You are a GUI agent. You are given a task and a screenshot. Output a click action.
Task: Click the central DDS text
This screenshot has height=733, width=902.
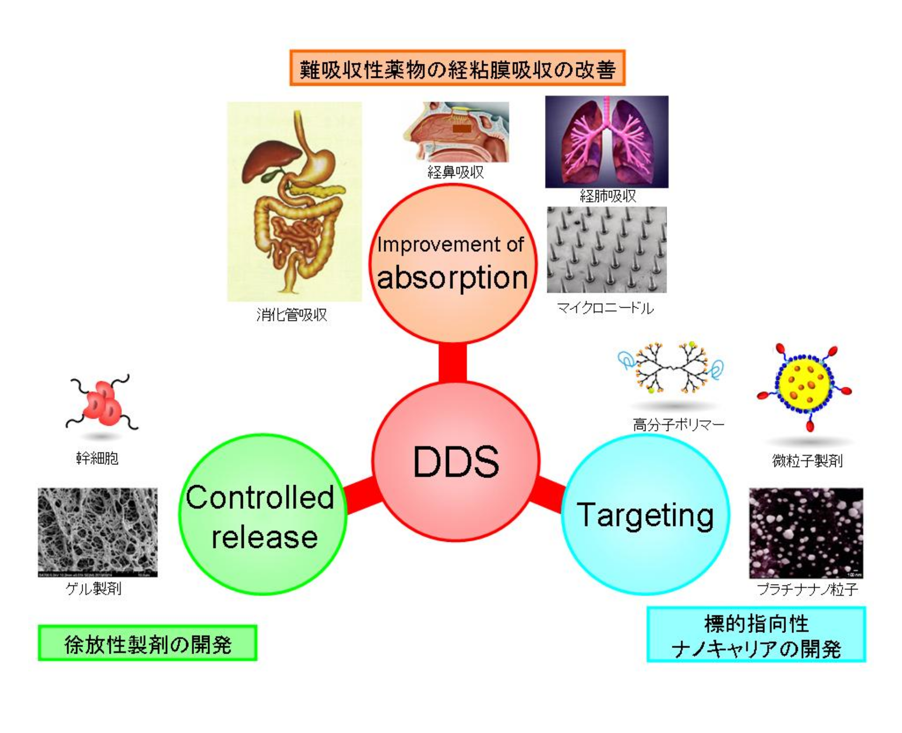tap(456, 462)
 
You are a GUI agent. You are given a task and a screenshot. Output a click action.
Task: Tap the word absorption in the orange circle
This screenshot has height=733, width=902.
tap(452, 277)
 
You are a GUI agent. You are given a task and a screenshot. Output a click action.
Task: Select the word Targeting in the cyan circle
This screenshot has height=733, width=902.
tap(645, 515)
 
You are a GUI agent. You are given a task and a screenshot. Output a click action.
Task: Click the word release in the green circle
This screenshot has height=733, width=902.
tap(264, 537)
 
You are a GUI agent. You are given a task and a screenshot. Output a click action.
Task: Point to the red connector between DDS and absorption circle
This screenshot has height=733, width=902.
tap(452, 362)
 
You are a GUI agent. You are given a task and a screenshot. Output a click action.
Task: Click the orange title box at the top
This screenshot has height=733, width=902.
tap(457, 69)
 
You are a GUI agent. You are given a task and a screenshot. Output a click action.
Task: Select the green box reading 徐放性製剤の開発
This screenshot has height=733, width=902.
tap(147, 643)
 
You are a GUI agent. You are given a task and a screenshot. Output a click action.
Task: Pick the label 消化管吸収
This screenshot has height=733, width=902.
tap(291, 314)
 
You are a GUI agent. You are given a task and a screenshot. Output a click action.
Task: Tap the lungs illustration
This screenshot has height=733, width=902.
tap(607, 142)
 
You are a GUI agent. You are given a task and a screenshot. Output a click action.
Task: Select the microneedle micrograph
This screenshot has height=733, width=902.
tap(607, 249)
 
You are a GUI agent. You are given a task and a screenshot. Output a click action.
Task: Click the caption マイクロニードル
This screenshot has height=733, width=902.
tap(605, 308)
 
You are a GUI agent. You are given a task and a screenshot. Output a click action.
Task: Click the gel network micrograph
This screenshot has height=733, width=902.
tap(98, 532)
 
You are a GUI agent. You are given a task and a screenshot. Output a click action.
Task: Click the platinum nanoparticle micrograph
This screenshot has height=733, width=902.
tap(806, 533)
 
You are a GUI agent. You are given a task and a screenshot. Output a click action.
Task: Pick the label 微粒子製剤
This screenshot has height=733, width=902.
tap(807, 461)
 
